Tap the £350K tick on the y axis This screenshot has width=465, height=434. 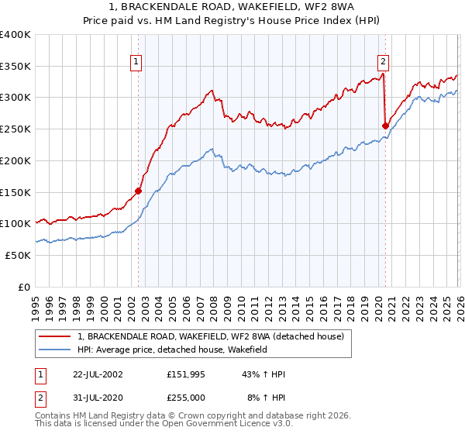pyautogui.click(x=15, y=66)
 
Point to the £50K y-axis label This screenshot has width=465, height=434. pyautogui.click(x=17, y=255)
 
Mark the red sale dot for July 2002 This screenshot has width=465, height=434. pyautogui.click(x=139, y=191)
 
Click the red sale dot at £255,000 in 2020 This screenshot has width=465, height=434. pyautogui.click(x=385, y=126)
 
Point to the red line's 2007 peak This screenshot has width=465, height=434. pyautogui.click(x=212, y=91)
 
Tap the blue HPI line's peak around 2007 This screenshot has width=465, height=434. pyautogui.click(x=212, y=149)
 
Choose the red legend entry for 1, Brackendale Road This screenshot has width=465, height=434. pyautogui.click(x=215, y=336)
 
